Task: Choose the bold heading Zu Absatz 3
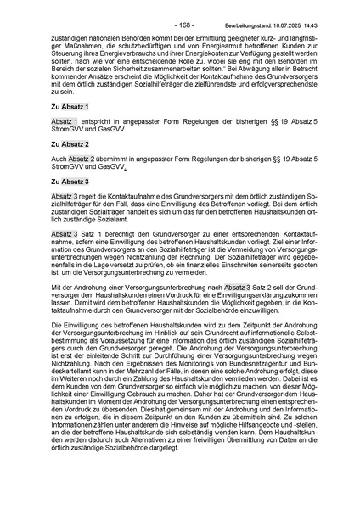click(x=69, y=182)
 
